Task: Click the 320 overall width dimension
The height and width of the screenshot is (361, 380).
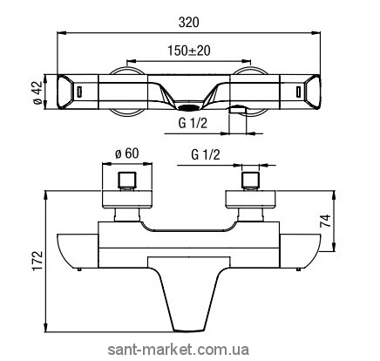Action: (x=188, y=23)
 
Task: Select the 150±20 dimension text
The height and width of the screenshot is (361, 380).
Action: (x=188, y=51)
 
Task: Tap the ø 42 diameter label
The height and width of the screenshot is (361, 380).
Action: (x=37, y=92)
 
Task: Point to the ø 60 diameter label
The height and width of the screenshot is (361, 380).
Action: (x=127, y=153)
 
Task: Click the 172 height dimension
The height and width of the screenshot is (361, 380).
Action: (x=38, y=261)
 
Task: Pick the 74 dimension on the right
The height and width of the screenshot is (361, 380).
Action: (x=325, y=221)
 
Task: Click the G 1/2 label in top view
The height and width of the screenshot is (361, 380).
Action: (x=193, y=124)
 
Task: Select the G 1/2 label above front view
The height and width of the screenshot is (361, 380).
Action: (x=206, y=154)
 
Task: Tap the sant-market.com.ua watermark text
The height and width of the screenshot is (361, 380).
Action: (x=179, y=350)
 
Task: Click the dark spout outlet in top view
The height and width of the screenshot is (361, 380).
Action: (x=189, y=108)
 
